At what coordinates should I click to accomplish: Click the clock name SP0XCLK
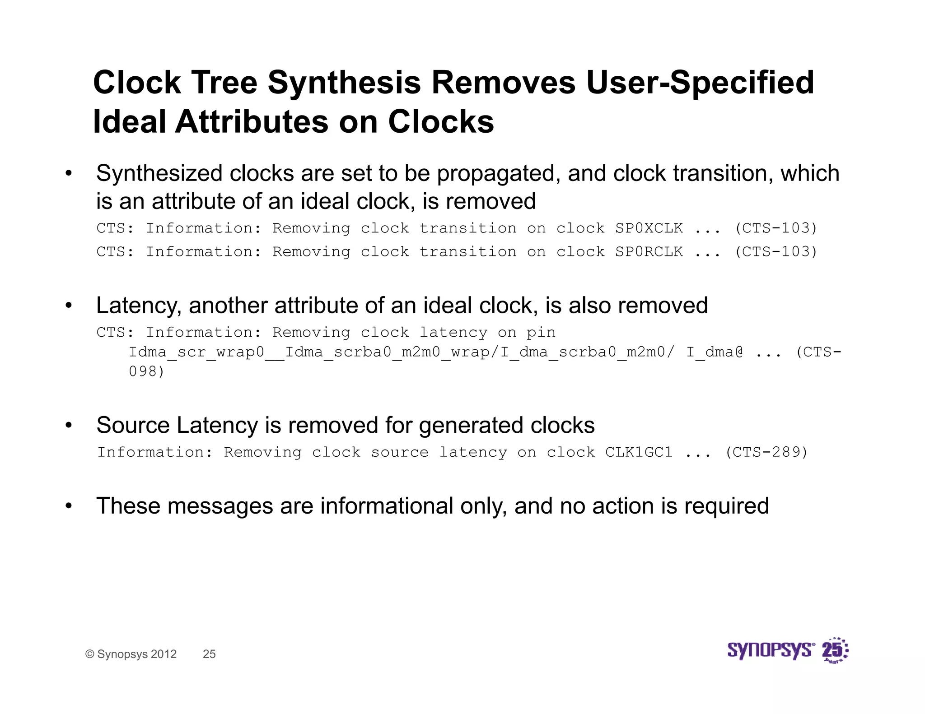[x=649, y=228]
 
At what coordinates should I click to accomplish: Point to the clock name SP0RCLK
[x=649, y=252]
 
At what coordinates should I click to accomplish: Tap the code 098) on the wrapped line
[x=146, y=371]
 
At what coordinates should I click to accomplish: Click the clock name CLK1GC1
[x=639, y=452]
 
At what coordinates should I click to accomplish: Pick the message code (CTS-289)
[x=766, y=452]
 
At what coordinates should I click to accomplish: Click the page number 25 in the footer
[x=209, y=654]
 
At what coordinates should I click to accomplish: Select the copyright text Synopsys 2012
[x=136, y=654]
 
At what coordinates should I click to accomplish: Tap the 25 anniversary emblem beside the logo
[x=834, y=650]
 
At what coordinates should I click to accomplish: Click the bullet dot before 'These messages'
[x=69, y=506]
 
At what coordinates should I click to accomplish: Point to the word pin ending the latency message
[x=541, y=333]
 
